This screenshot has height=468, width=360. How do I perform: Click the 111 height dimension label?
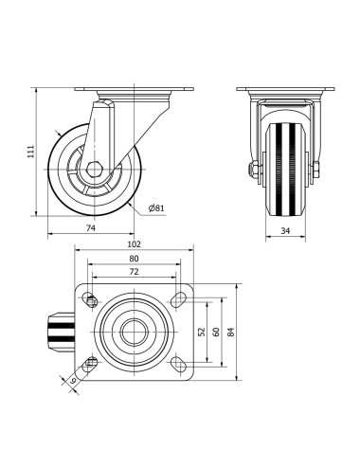click(30, 152)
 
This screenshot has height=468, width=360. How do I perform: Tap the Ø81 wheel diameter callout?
click(156, 207)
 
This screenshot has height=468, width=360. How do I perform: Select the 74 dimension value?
click(91, 227)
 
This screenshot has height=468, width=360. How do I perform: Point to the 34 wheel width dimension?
click(285, 231)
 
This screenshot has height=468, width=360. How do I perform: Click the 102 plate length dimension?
click(134, 244)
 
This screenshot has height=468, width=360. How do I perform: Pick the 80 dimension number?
click(134, 259)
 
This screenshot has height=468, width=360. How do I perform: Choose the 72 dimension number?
click(134, 272)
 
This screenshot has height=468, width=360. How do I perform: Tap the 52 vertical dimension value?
click(202, 332)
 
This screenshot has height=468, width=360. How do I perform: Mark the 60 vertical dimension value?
click(216, 332)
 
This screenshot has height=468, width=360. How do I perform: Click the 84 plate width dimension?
click(231, 332)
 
